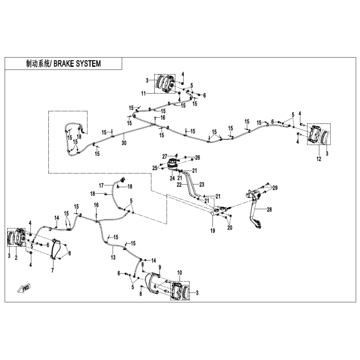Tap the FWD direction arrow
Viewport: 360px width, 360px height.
[24, 289]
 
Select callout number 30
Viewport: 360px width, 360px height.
[124, 143]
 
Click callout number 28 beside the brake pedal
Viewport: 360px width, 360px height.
[269, 209]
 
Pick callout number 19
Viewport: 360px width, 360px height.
[213, 230]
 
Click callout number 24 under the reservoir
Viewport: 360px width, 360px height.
[172, 178]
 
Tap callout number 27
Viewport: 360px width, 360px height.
[165, 156]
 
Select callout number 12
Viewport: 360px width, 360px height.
[319, 158]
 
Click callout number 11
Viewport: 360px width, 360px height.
[143, 94]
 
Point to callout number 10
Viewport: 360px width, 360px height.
[179, 273]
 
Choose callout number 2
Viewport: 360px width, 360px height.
[16, 258]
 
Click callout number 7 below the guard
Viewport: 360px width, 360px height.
[52, 270]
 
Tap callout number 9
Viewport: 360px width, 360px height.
[160, 267]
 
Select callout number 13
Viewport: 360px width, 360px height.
[113, 257]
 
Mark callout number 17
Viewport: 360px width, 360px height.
[101, 185]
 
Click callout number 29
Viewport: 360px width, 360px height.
[275, 188]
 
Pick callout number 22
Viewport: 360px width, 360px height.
[179, 184]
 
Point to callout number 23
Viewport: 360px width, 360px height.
[202, 184]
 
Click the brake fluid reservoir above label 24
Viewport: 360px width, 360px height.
[172, 164]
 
